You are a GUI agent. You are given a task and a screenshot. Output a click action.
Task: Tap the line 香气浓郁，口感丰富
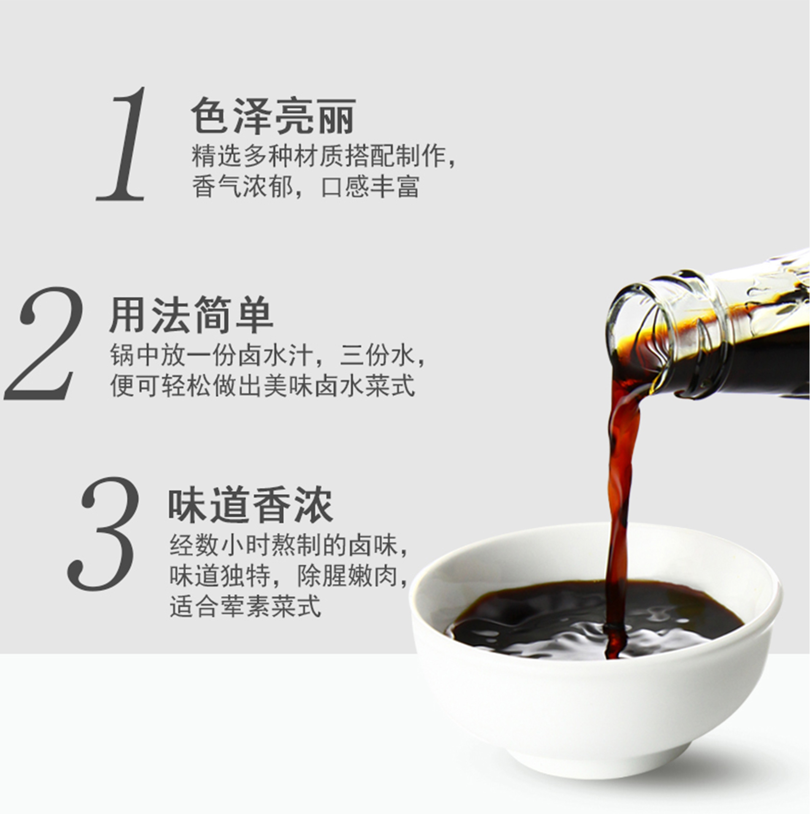point(306,187)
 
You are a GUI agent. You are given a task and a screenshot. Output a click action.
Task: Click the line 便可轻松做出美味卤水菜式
point(263,386)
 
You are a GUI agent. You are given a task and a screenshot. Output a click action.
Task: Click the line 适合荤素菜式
point(246,606)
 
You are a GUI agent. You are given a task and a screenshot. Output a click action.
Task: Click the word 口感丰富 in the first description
point(370,187)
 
